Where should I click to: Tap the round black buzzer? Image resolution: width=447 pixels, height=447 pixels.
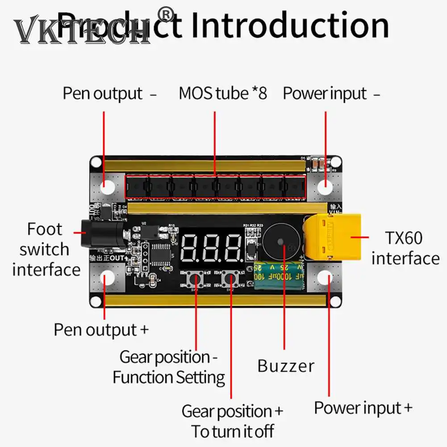tap(280, 242)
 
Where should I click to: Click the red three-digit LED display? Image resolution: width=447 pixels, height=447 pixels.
tap(212, 247)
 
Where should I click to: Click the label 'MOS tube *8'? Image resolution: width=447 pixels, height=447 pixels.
tap(222, 94)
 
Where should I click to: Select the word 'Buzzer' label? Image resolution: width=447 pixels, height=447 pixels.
tap(286, 366)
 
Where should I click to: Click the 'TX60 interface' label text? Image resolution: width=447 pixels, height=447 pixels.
tap(405, 248)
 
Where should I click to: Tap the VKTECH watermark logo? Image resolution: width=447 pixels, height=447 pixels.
tap(80, 31)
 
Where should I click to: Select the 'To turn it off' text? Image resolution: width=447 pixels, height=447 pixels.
tap(232, 431)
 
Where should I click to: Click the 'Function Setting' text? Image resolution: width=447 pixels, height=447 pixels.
tap(169, 377)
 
